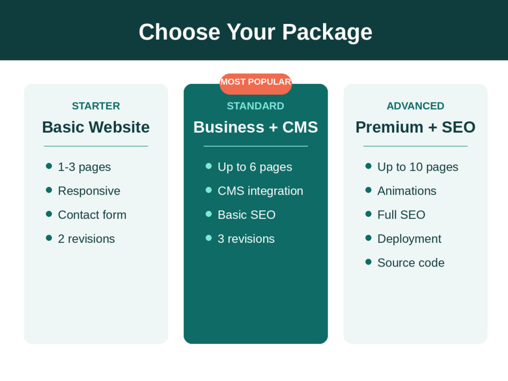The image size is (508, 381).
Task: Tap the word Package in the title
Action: (x=327, y=33)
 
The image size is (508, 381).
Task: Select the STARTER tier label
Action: (x=96, y=106)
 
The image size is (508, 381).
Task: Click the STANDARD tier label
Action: (x=256, y=106)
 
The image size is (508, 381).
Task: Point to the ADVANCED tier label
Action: (x=416, y=106)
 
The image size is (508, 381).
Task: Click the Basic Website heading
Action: (x=96, y=127)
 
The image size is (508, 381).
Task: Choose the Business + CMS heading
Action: (x=256, y=127)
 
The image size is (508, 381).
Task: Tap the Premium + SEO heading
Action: (x=416, y=127)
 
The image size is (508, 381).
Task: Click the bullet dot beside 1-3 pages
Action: (x=49, y=166)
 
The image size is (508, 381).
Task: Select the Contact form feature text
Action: (x=92, y=215)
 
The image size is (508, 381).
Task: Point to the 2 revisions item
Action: (x=86, y=239)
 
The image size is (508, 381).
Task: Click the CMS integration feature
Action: (x=261, y=191)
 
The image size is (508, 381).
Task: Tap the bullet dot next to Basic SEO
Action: (x=209, y=214)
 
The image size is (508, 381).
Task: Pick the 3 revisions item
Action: (x=246, y=239)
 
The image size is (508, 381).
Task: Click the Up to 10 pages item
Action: (x=418, y=167)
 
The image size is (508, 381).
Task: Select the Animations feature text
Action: (x=407, y=191)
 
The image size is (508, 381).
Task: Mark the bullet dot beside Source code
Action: (x=368, y=262)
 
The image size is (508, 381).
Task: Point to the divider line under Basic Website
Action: (x=96, y=146)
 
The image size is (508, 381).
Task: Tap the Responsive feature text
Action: (x=89, y=191)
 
